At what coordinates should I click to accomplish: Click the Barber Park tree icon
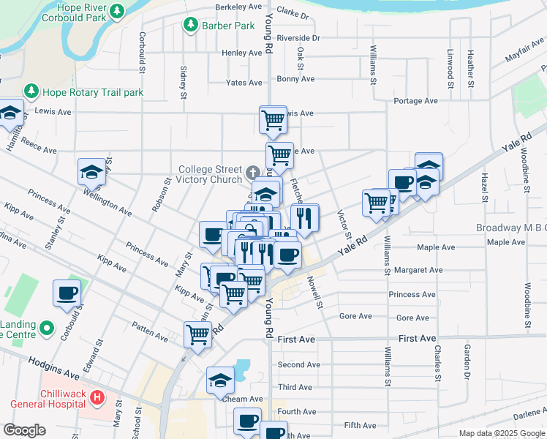point(191,25)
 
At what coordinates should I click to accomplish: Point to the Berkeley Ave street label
point(238,7)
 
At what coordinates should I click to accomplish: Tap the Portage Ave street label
point(415,101)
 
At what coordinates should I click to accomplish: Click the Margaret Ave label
point(418,270)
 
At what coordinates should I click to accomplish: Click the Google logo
point(24,430)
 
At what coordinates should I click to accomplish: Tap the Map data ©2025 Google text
point(501,433)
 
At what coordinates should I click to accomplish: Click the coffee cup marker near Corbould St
point(67,292)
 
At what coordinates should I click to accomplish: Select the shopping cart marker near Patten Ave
point(197,334)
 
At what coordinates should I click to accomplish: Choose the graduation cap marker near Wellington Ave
point(92,171)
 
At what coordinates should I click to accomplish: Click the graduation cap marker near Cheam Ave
point(220,379)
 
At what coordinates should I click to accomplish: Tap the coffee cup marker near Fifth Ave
point(247,420)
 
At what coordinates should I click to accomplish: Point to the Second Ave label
point(298,365)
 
